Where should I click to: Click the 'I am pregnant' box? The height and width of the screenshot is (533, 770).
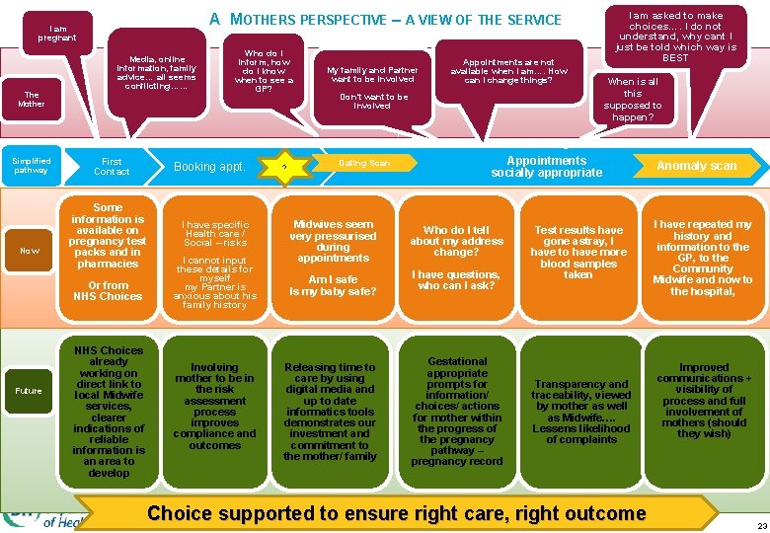(56, 33)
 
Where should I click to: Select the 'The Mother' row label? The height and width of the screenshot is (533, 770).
(31, 99)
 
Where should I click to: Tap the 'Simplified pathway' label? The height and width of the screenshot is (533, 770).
(31, 165)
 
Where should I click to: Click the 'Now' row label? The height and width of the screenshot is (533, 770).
(29, 251)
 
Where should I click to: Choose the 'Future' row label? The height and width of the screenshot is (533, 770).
(29, 391)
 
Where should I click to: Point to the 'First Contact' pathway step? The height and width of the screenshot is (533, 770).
(112, 167)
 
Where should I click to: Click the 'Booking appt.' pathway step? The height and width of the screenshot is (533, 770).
(209, 167)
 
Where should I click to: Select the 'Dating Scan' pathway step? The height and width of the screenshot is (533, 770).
(365, 163)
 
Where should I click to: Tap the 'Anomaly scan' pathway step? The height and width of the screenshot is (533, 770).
(697, 166)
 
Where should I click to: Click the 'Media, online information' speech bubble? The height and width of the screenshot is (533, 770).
(161, 73)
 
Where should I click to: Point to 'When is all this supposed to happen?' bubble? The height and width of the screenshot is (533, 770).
(633, 100)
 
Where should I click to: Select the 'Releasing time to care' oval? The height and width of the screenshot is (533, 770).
(330, 411)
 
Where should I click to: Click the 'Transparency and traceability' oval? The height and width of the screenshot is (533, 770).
(581, 411)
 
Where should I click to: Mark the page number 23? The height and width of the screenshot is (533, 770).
(761, 526)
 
